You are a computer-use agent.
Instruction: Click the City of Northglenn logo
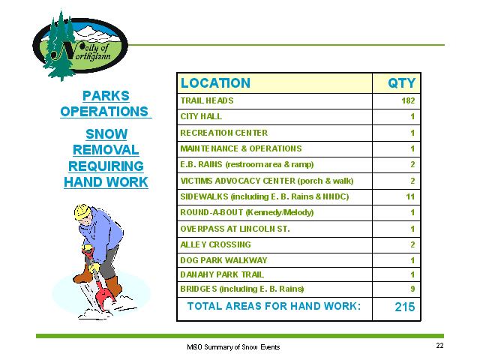[80, 46]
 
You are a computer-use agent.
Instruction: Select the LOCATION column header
[215, 83]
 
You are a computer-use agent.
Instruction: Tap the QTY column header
[402, 83]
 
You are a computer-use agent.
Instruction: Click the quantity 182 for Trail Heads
[408, 100]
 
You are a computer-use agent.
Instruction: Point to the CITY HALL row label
[201, 117]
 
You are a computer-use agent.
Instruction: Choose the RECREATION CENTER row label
[224, 133]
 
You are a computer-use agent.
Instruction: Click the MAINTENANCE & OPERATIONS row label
[241, 148]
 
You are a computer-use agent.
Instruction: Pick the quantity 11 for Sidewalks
[410, 196]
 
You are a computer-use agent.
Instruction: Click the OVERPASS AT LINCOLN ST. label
[235, 229]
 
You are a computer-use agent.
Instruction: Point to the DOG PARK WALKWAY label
[223, 260]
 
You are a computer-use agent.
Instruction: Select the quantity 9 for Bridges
[412, 289]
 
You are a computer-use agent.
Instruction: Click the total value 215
[405, 307]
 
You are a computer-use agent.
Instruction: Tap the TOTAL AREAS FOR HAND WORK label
[274, 306]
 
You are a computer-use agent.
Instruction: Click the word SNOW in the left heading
[106, 134]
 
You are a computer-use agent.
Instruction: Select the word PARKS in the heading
[106, 96]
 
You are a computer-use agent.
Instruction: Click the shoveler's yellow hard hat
[82, 211]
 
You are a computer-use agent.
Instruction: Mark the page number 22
[439, 346]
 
